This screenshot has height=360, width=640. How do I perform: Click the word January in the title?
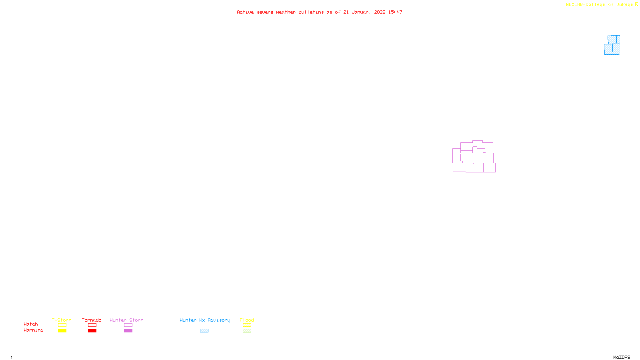click(361, 12)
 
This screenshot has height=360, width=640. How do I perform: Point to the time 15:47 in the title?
click(395, 12)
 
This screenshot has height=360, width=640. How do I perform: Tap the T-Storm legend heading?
click(62, 320)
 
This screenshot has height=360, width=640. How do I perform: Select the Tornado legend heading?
click(92, 320)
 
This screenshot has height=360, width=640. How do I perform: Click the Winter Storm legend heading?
click(126, 320)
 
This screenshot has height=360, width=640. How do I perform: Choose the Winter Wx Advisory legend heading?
click(205, 320)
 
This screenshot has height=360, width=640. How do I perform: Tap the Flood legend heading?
click(247, 320)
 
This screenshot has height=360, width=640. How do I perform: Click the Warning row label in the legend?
click(33, 330)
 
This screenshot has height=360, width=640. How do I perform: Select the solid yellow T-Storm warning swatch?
click(62, 331)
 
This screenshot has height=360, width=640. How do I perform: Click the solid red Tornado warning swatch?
click(92, 331)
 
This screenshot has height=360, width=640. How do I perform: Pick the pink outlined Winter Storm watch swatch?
click(128, 325)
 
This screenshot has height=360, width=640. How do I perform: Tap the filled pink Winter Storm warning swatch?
click(128, 331)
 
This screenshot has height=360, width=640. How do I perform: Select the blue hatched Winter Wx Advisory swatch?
click(204, 331)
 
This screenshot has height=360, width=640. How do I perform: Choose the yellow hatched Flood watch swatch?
click(247, 325)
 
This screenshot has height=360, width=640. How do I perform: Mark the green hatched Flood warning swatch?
click(247, 331)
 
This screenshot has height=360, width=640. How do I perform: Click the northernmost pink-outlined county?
click(478, 144)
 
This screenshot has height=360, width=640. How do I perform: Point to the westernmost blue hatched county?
click(608, 50)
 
